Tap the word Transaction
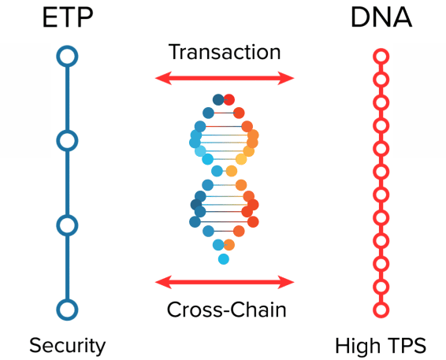pyautogui.click(x=225, y=53)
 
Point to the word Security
pyautogui.click(x=67, y=345)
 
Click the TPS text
pyautogui.click(x=406, y=345)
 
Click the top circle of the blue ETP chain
pyautogui.click(x=67, y=57)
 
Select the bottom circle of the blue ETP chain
pyautogui.click(x=67, y=309)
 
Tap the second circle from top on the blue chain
pyautogui.click(x=67, y=141)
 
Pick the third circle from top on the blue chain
pyautogui.click(x=67, y=225)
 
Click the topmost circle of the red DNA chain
pyautogui.click(x=381, y=57)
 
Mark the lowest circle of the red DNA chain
pyautogui.click(x=381, y=309)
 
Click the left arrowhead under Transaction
pyautogui.click(x=161, y=78)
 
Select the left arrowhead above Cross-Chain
pyautogui.click(x=161, y=281)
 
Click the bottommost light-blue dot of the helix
pyautogui.click(x=224, y=258)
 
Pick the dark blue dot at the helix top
pyautogui.click(x=218, y=99)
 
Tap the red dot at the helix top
pyautogui.click(x=229, y=99)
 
